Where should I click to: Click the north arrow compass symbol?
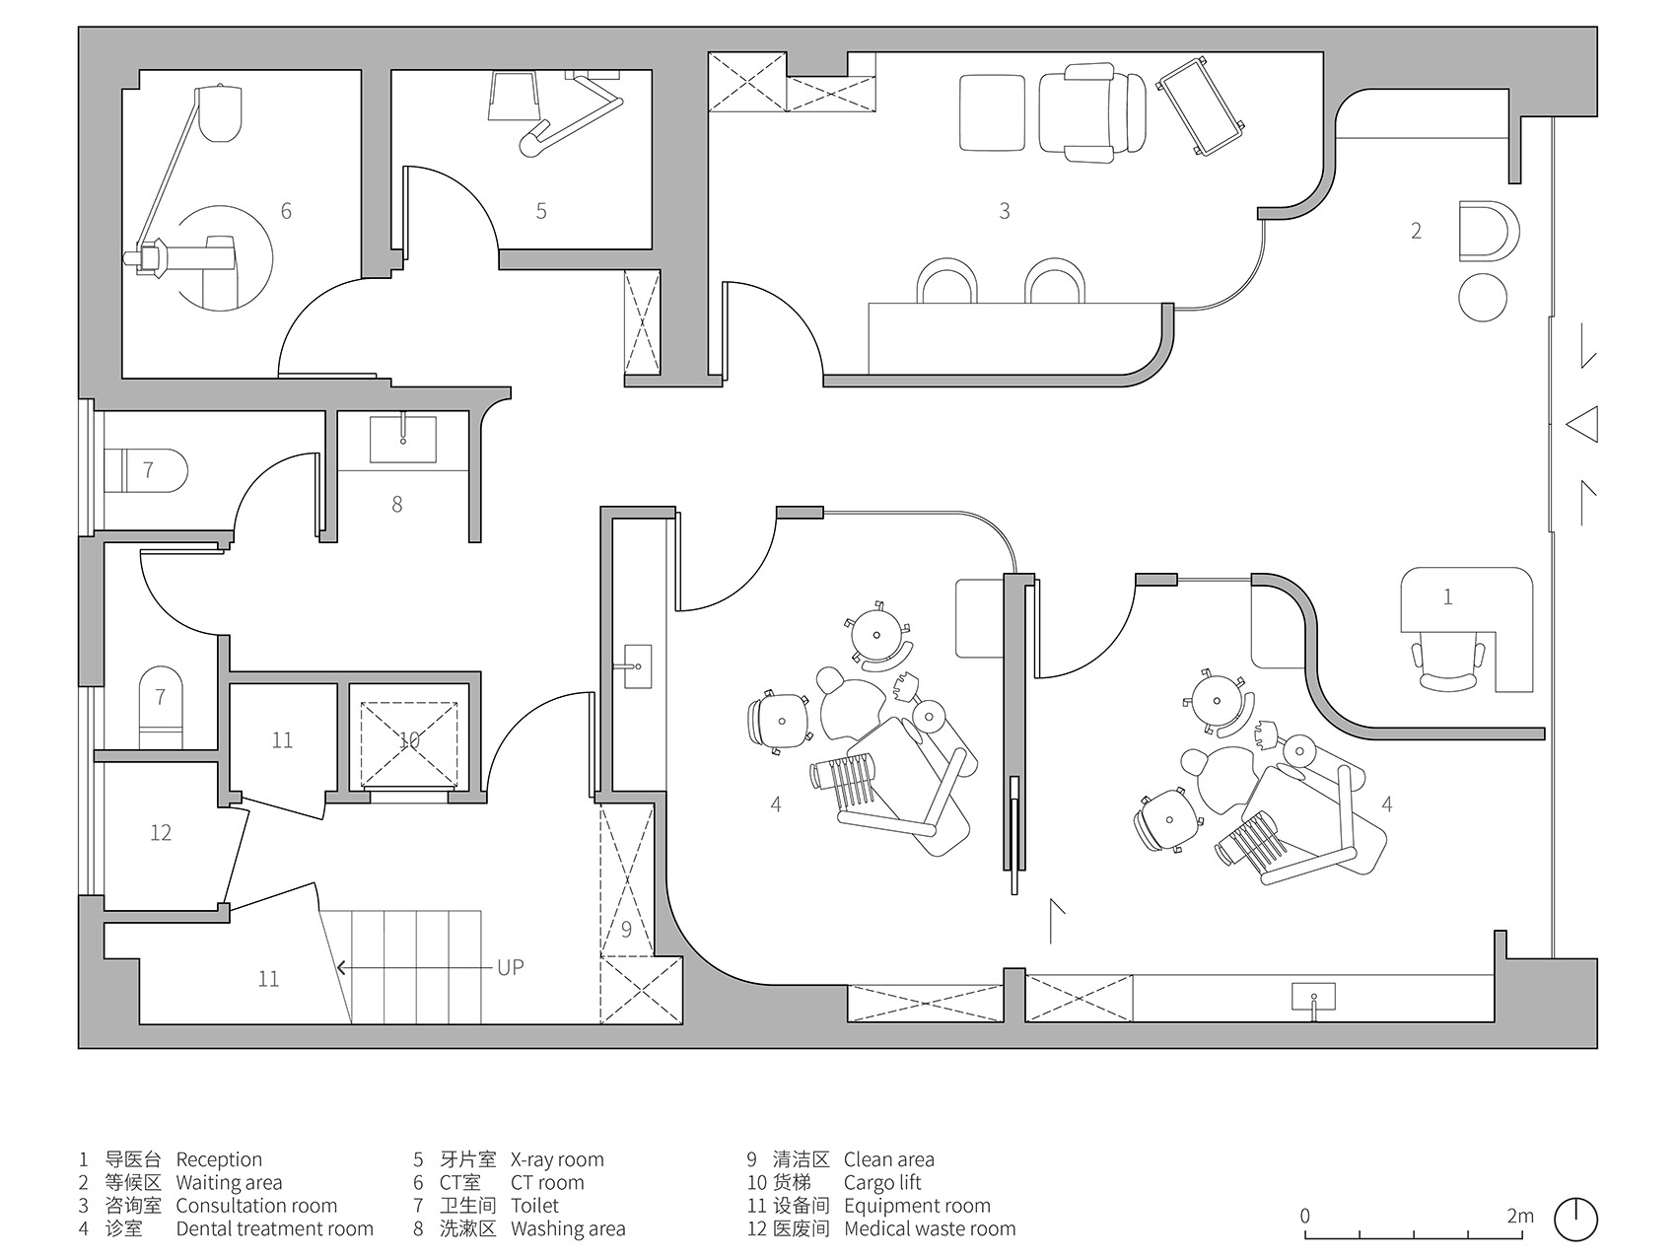[1575, 1220]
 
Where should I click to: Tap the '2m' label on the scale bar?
[1520, 1216]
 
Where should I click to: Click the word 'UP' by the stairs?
[511, 967]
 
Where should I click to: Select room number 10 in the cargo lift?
[409, 738]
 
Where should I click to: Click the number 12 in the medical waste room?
[161, 833]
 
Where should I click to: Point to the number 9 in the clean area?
[626, 929]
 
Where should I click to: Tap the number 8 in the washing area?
[397, 504]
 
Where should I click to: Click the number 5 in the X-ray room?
[541, 210]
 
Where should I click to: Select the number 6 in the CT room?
[286, 210]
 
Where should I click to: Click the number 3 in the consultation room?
[1005, 210]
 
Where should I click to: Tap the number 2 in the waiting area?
[1417, 231]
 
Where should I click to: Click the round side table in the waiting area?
[1483, 298]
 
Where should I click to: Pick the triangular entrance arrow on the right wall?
[1581, 425]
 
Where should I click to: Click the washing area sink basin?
[402, 439]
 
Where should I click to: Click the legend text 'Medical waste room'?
[930, 1229]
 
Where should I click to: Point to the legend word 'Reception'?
[219, 1160]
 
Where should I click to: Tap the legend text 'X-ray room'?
[557, 1160]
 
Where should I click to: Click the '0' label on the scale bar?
[1305, 1216]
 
